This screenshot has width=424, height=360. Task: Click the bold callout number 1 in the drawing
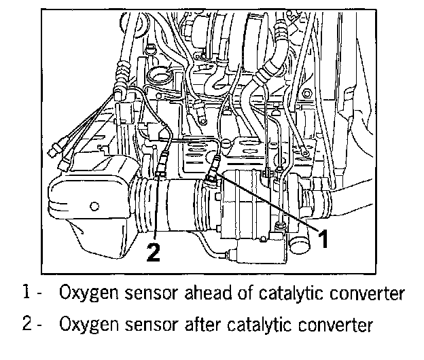pyautogui.click(x=325, y=238)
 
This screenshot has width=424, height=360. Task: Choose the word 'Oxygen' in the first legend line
pyautogui.click(x=85, y=294)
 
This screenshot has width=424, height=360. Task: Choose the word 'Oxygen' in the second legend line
pyautogui.click(x=85, y=325)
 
